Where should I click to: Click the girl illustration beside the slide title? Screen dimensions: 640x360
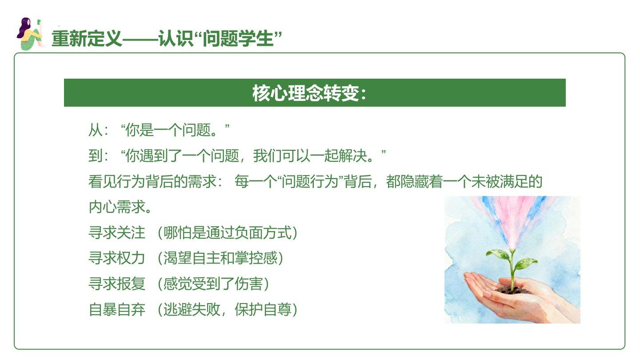[30, 34]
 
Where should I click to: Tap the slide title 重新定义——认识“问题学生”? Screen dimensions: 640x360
[167, 39]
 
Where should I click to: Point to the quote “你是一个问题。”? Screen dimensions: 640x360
[175, 130]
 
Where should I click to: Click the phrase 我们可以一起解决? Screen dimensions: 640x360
[310, 156]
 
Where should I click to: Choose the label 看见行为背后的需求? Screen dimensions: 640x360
[152, 181]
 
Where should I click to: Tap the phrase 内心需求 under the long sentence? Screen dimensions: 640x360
[117, 207]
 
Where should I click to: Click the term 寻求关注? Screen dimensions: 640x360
[117, 232]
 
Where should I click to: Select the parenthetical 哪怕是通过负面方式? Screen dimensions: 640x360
[228, 232]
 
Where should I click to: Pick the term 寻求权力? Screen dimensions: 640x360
[117, 258]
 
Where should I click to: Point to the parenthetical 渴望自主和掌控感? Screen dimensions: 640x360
[220, 258]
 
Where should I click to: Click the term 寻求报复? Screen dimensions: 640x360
[117, 284]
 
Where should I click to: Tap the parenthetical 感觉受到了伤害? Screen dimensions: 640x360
[213, 284]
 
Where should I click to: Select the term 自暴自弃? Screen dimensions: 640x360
[117, 310]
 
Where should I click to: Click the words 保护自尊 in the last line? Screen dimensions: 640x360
[263, 310]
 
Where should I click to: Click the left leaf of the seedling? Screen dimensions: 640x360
[498, 254]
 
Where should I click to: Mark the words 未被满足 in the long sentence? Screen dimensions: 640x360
[500, 181]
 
